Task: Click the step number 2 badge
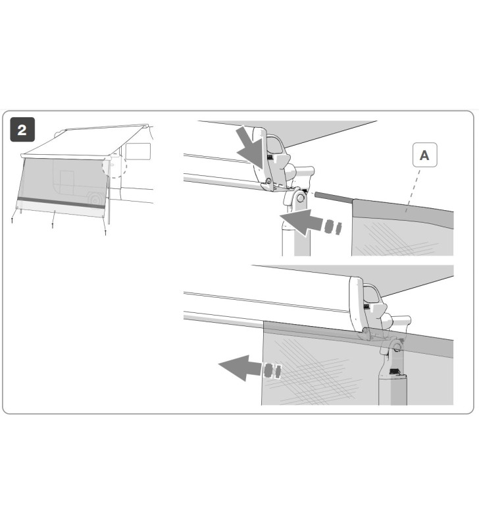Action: (22, 130)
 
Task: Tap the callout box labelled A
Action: (424, 155)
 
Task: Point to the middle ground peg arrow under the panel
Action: (53, 225)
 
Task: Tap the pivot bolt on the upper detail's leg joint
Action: (300, 196)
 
